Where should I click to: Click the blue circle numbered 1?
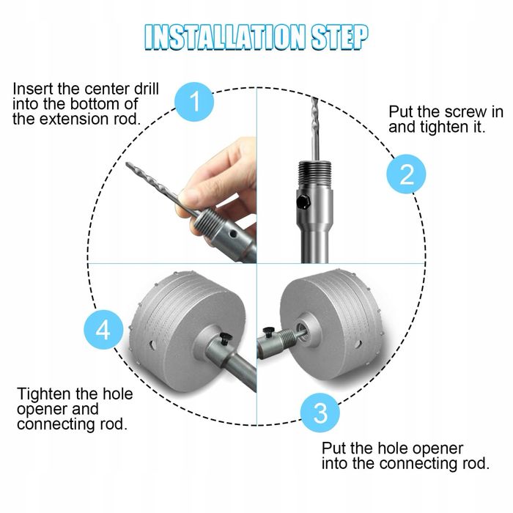(194, 102)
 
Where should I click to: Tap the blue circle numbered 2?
(406, 174)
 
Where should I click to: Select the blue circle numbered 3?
(320, 413)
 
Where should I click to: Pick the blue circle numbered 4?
(103, 330)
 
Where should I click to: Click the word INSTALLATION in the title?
(225, 37)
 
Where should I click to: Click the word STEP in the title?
(339, 37)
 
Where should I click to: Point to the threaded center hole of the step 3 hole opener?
(302, 331)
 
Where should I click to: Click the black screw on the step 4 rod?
(226, 339)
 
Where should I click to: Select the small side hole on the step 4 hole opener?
(152, 345)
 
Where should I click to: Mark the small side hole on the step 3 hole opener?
(358, 344)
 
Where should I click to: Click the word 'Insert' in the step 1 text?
(33, 89)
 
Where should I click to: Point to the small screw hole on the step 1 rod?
(232, 235)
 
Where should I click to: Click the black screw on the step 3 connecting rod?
(269, 333)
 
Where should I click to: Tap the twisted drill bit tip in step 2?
(314, 98)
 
